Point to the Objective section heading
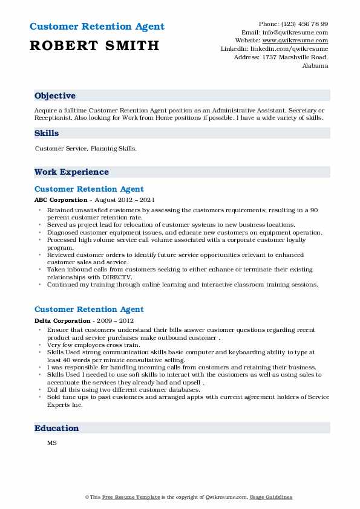click(55, 96)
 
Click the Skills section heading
click(47, 132)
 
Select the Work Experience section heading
click(71, 172)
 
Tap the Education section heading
click(57, 428)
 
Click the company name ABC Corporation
click(61, 199)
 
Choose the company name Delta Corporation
click(62, 320)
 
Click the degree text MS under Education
click(51, 443)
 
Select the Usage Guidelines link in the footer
click(272, 497)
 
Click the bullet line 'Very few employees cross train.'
click(93, 345)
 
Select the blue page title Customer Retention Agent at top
click(97, 27)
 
